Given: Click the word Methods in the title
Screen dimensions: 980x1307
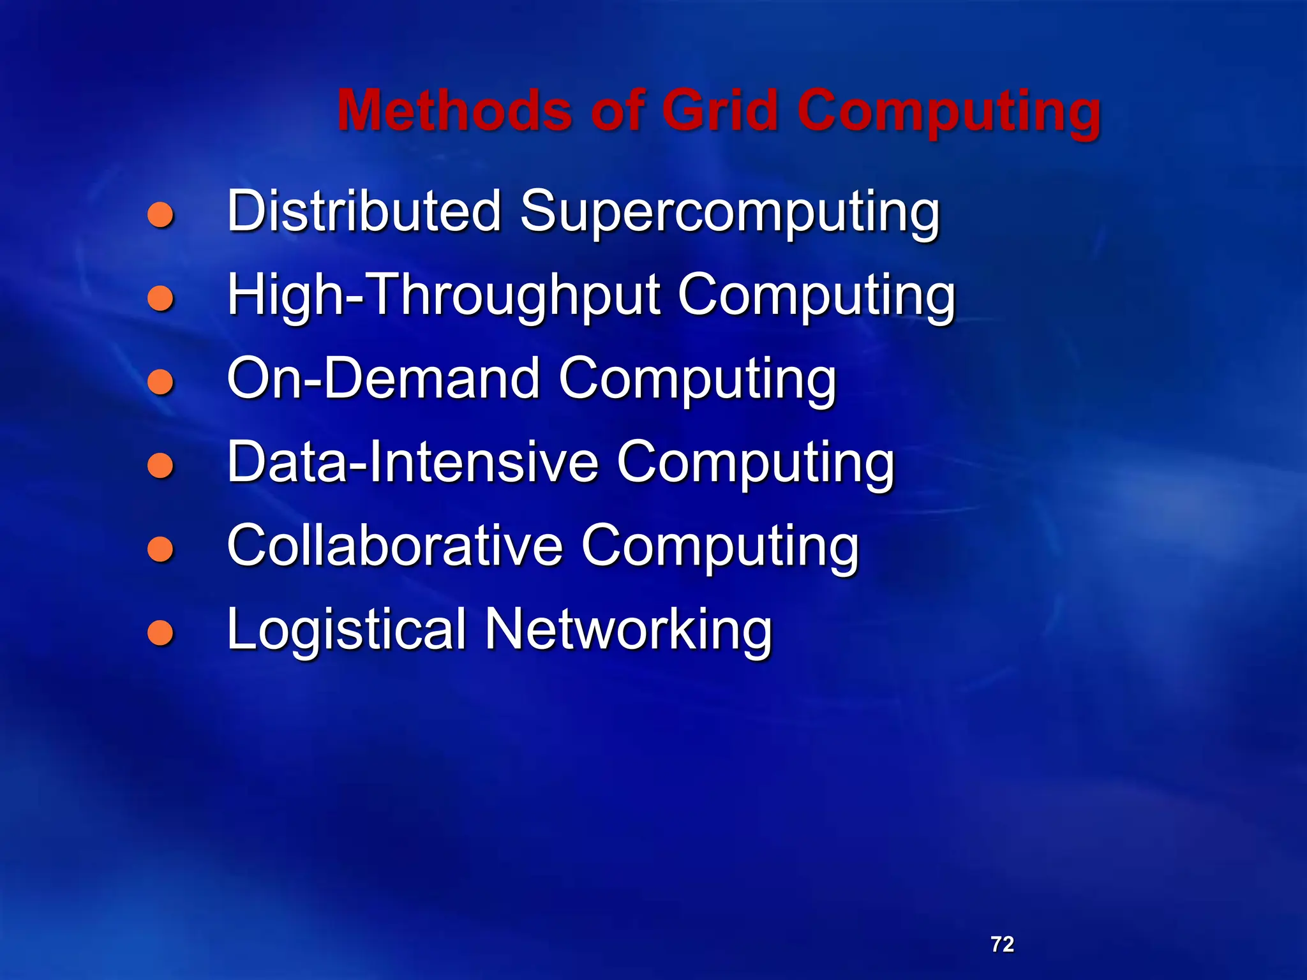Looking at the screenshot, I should (454, 110).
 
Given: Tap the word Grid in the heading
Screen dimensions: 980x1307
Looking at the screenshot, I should (719, 110).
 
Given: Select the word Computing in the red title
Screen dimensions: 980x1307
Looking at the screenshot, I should (948, 112).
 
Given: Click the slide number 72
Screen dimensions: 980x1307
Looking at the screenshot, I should (1002, 944).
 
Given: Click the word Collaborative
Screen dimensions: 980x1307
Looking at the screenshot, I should (395, 546).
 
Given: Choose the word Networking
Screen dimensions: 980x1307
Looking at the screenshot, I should (628, 631).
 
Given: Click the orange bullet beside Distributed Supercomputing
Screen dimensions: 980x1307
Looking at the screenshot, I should (160, 215).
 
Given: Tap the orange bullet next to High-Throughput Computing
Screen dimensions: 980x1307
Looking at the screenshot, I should (160, 298).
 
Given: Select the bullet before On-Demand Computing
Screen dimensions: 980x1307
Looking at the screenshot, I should (160, 382).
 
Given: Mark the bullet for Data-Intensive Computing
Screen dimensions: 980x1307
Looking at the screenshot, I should (160, 465).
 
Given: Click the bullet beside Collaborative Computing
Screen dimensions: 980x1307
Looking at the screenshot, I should (160, 549).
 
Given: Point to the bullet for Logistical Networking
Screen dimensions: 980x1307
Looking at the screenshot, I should (160, 632).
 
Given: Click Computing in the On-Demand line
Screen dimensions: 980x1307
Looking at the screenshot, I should (697, 381).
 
